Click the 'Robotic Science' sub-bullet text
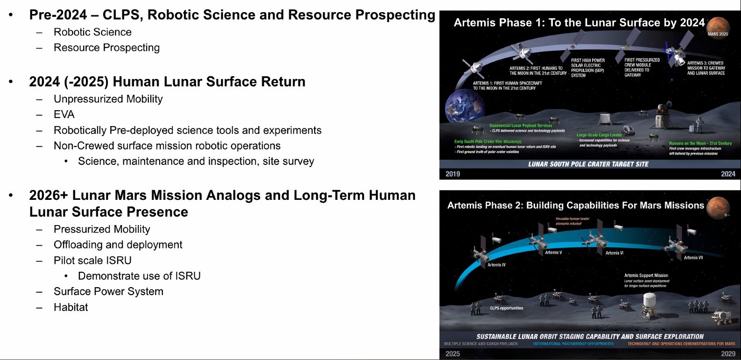click(92, 32)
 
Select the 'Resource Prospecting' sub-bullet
click(106, 48)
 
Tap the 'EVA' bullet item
click(64, 114)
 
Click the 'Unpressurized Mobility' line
click(108, 99)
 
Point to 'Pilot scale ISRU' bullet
click(92, 261)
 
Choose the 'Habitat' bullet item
click(71, 307)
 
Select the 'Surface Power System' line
click(108, 291)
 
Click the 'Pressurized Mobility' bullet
click(102, 229)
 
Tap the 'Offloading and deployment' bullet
click(118, 245)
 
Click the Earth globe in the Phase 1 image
click(462, 106)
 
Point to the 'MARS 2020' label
click(718, 34)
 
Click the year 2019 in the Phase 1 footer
click(452, 174)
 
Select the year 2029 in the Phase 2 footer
click(728, 353)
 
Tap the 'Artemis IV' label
click(496, 265)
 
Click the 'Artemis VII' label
click(693, 258)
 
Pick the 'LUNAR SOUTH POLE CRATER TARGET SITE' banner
click(588, 164)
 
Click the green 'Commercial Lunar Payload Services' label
click(521, 126)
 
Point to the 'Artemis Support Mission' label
click(646, 275)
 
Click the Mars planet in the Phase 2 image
click(718, 207)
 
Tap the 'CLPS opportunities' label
click(506, 308)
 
